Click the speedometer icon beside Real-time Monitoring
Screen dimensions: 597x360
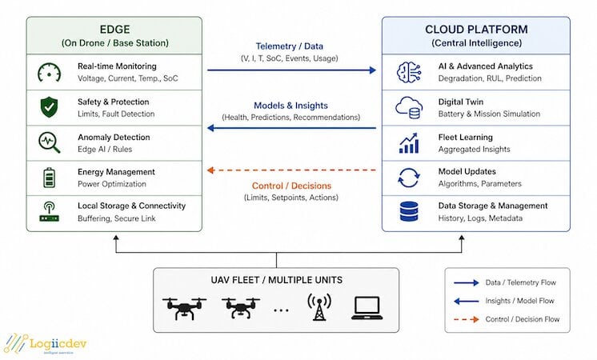(49, 72)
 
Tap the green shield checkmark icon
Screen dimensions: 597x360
(49, 107)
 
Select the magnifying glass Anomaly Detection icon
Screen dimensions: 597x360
(49, 142)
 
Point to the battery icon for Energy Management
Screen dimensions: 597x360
(49, 178)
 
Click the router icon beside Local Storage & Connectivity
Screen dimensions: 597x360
(49, 211)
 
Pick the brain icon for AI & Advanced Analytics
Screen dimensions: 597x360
(408, 72)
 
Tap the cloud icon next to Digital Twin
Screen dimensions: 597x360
(408, 107)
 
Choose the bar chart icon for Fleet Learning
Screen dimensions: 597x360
(409, 142)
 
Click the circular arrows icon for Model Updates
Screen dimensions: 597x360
(408, 178)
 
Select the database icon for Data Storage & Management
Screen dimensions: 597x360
(409, 211)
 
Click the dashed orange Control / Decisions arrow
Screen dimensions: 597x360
(291, 170)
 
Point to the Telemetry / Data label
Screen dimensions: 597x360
(290, 46)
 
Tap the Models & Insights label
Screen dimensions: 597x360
(290, 106)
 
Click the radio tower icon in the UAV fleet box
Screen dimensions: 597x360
(319, 306)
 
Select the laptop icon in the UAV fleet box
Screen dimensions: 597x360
(367, 308)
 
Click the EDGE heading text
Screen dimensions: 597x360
(114, 30)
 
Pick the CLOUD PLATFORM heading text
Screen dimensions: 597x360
(476, 30)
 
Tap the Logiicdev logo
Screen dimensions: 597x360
(46, 344)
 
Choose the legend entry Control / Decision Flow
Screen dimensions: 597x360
(507, 319)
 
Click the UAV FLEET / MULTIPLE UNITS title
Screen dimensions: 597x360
(276, 280)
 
